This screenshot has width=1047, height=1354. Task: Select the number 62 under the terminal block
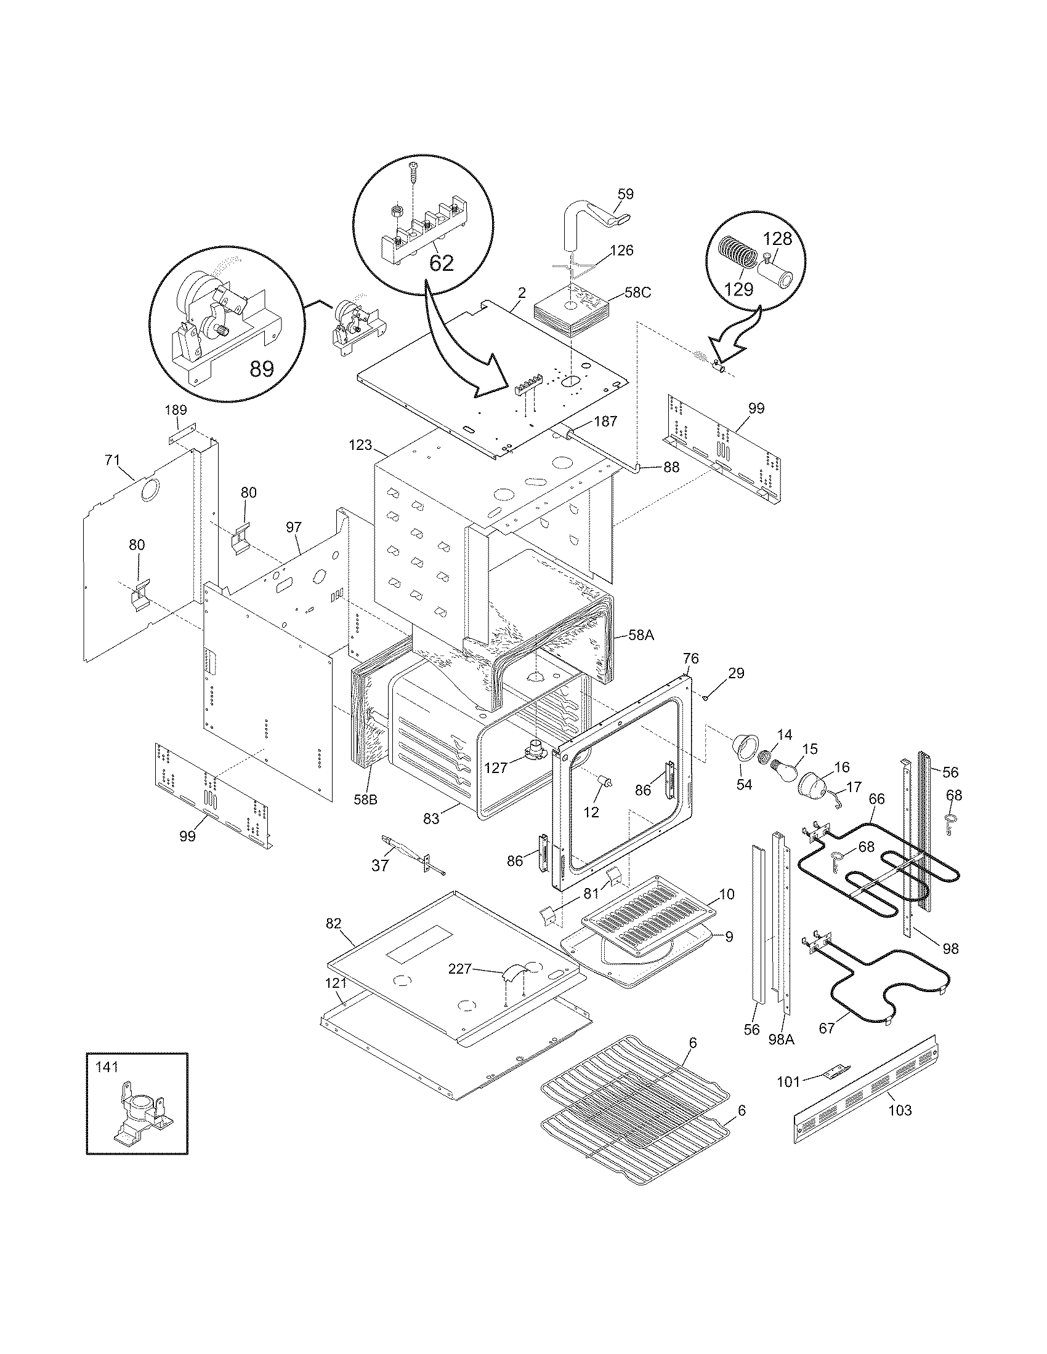441,263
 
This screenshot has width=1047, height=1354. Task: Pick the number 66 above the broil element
876,799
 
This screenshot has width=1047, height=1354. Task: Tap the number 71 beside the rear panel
112,459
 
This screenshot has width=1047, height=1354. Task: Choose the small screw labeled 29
706,698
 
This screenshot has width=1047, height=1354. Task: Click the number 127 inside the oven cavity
496,767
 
